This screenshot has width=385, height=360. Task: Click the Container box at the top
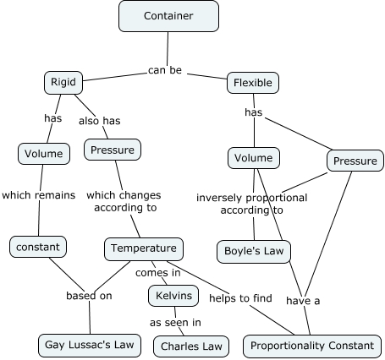(168, 15)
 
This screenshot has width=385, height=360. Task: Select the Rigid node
(63, 82)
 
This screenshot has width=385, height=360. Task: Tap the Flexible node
(254, 83)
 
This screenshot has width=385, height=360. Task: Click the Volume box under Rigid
(43, 154)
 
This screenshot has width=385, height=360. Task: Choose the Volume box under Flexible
(253, 157)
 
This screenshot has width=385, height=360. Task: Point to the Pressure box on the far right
(355, 161)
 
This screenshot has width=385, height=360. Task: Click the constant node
(37, 247)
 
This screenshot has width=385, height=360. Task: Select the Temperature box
(144, 248)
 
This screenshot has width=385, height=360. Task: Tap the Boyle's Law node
(253, 251)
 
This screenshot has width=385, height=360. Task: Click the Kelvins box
(174, 295)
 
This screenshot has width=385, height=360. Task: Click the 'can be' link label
(165, 70)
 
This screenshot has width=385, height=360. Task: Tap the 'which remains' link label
(39, 194)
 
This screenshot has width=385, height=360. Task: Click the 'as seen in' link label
(175, 322)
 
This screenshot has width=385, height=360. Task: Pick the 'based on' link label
(90, 296)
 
